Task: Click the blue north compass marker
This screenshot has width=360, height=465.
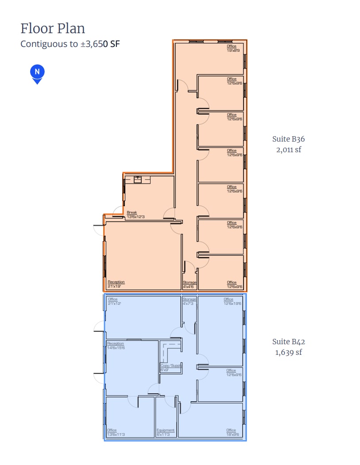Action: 37,73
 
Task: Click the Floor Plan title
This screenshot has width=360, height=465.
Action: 53,28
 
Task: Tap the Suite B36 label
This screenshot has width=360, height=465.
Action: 288,139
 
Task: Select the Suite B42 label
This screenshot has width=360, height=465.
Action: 288,342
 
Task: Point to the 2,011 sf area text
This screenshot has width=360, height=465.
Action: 288,150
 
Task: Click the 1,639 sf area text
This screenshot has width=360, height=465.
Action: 288,352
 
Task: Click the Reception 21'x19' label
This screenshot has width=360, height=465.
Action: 116,284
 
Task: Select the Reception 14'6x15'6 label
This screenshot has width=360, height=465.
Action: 116,346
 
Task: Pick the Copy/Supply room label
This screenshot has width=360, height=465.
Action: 171,367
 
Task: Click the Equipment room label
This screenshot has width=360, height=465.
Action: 166,432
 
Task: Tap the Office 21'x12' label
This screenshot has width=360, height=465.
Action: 113,301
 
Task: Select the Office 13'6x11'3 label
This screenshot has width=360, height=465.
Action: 116,432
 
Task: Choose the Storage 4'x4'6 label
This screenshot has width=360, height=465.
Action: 190,284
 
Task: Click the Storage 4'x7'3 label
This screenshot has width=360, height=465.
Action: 189,301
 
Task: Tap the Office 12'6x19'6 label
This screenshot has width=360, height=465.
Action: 232,301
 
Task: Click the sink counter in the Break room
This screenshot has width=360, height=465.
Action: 137,179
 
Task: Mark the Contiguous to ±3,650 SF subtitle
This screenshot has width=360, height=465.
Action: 70,44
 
